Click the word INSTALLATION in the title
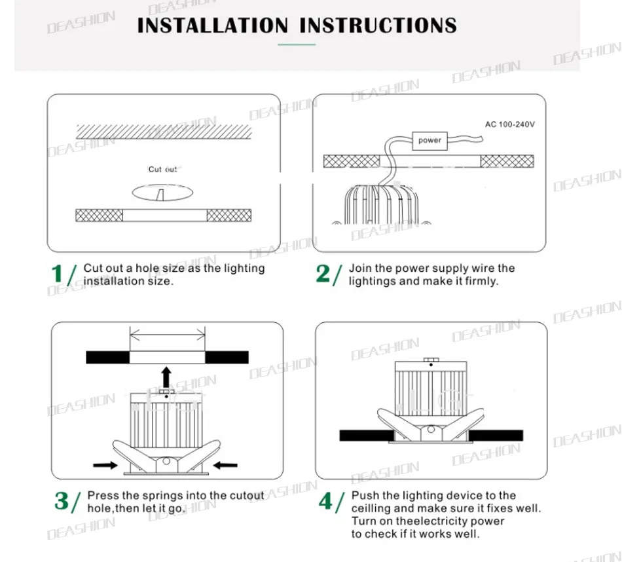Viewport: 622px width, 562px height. click(212, 26)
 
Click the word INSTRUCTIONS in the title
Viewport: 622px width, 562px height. click(378, 26)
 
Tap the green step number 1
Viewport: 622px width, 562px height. click(57, 274)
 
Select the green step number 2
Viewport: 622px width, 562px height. click(323, 274)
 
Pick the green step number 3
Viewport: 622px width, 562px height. click(62, 501)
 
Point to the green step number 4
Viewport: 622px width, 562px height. click(325, 501)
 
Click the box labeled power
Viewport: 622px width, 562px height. click(430, 140)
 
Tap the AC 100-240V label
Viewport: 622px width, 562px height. click(510, 124)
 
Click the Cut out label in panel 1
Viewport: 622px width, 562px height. click(162, 170)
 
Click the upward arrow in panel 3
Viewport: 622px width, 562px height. click(166, 377)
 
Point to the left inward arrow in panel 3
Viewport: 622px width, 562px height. click(105, 465)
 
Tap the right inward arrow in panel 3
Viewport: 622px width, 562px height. click(225, 465)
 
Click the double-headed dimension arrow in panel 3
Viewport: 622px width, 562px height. click(168, 337)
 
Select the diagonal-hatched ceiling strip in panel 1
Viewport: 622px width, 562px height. click(164, 132)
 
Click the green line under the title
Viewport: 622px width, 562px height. click(297, 45)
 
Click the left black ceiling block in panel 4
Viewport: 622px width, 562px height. click(367, 436)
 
